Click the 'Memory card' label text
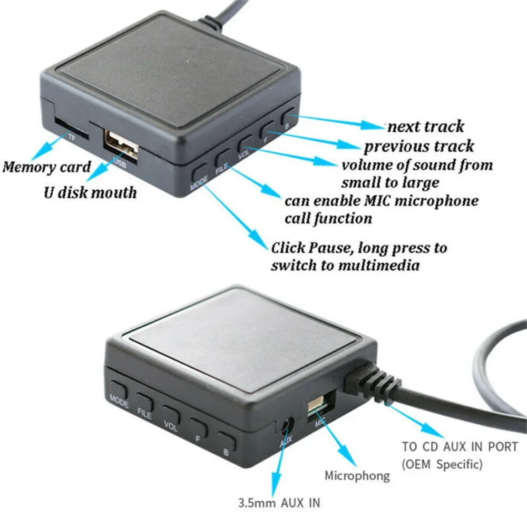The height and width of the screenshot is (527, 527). pyautogui.click(x=46, y=168)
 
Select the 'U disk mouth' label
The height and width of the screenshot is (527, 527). pyautogui.click(x=90, y=192)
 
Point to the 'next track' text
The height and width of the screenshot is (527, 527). pyautogui.click(x=426, y=126)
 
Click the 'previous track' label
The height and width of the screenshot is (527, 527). pyautogui.click(x=418, y=146)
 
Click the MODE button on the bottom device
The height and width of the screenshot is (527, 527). pyautogui.click(x=119, y=391)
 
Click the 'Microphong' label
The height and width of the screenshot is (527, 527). pyautogui.click(x=357, y=476)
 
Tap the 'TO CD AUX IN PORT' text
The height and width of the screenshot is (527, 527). pyautogui.click(x=460, y=446)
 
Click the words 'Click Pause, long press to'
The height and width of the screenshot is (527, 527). pyautogui.click(x=358, y=247)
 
